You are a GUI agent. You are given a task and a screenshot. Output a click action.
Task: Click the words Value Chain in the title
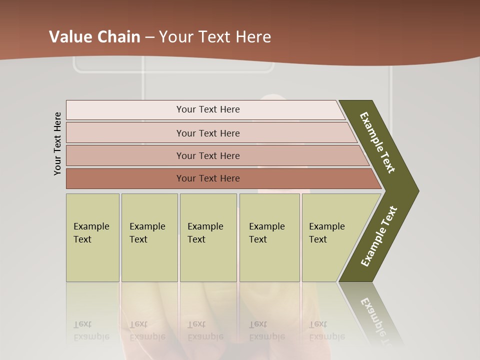[94, 37]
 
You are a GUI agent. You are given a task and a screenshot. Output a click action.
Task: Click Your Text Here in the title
[215, 37]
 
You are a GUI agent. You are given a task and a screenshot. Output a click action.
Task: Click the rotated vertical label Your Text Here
[57, 143]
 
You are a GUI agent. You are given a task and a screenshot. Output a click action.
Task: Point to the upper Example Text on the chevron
[377, 142]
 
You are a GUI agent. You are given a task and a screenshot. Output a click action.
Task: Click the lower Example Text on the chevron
[379, 236]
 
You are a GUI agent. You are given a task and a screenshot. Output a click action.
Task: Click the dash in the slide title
[149, 37]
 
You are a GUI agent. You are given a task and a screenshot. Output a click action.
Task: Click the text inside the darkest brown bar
[208, 178]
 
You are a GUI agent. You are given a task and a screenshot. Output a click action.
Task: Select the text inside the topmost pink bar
[208, 109]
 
